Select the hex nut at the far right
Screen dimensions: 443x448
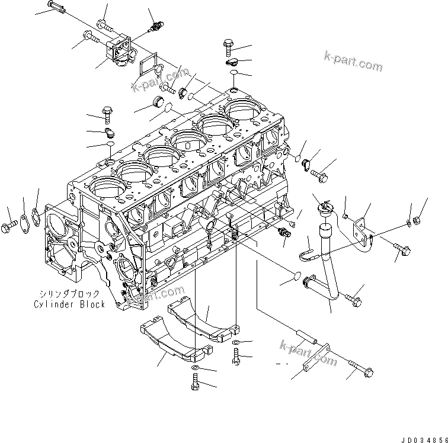click(x=416, y=219)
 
